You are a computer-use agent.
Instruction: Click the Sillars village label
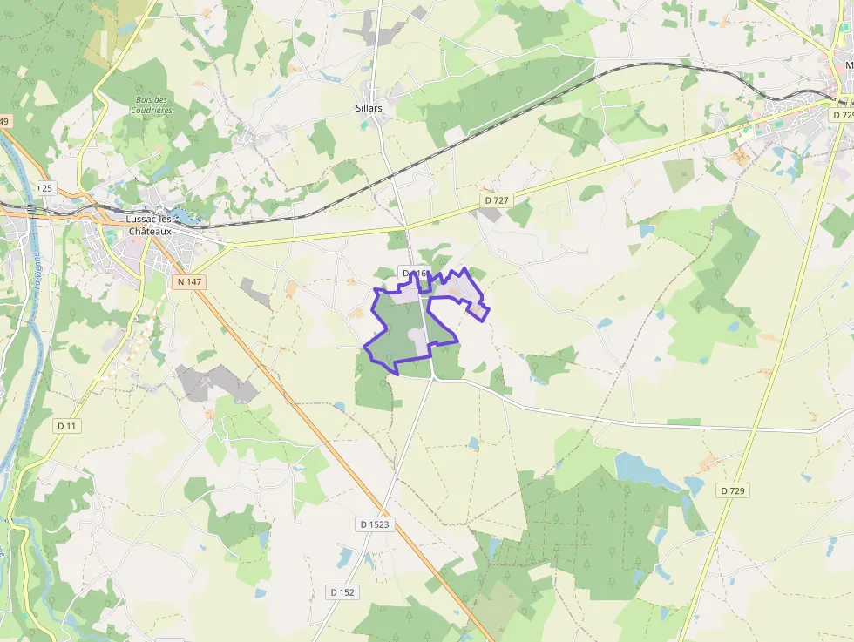tap(369, 108)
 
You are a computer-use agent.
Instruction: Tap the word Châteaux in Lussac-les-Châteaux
tap(150, 232)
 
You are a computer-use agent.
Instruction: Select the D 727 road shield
tap(495, 200)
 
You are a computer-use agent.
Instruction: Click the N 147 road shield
tap(188, 281)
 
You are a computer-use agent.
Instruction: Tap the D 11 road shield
tap(67, 425)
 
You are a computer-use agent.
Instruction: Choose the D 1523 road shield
tap(374, 524)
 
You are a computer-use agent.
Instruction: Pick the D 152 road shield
tap(342, 592)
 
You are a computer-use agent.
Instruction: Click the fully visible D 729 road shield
tap(733, 491)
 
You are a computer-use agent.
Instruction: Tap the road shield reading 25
tap(46, 188)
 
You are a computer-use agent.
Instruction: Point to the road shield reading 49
tap(5, 121)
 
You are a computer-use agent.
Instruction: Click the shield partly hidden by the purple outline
tap(413, 274)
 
